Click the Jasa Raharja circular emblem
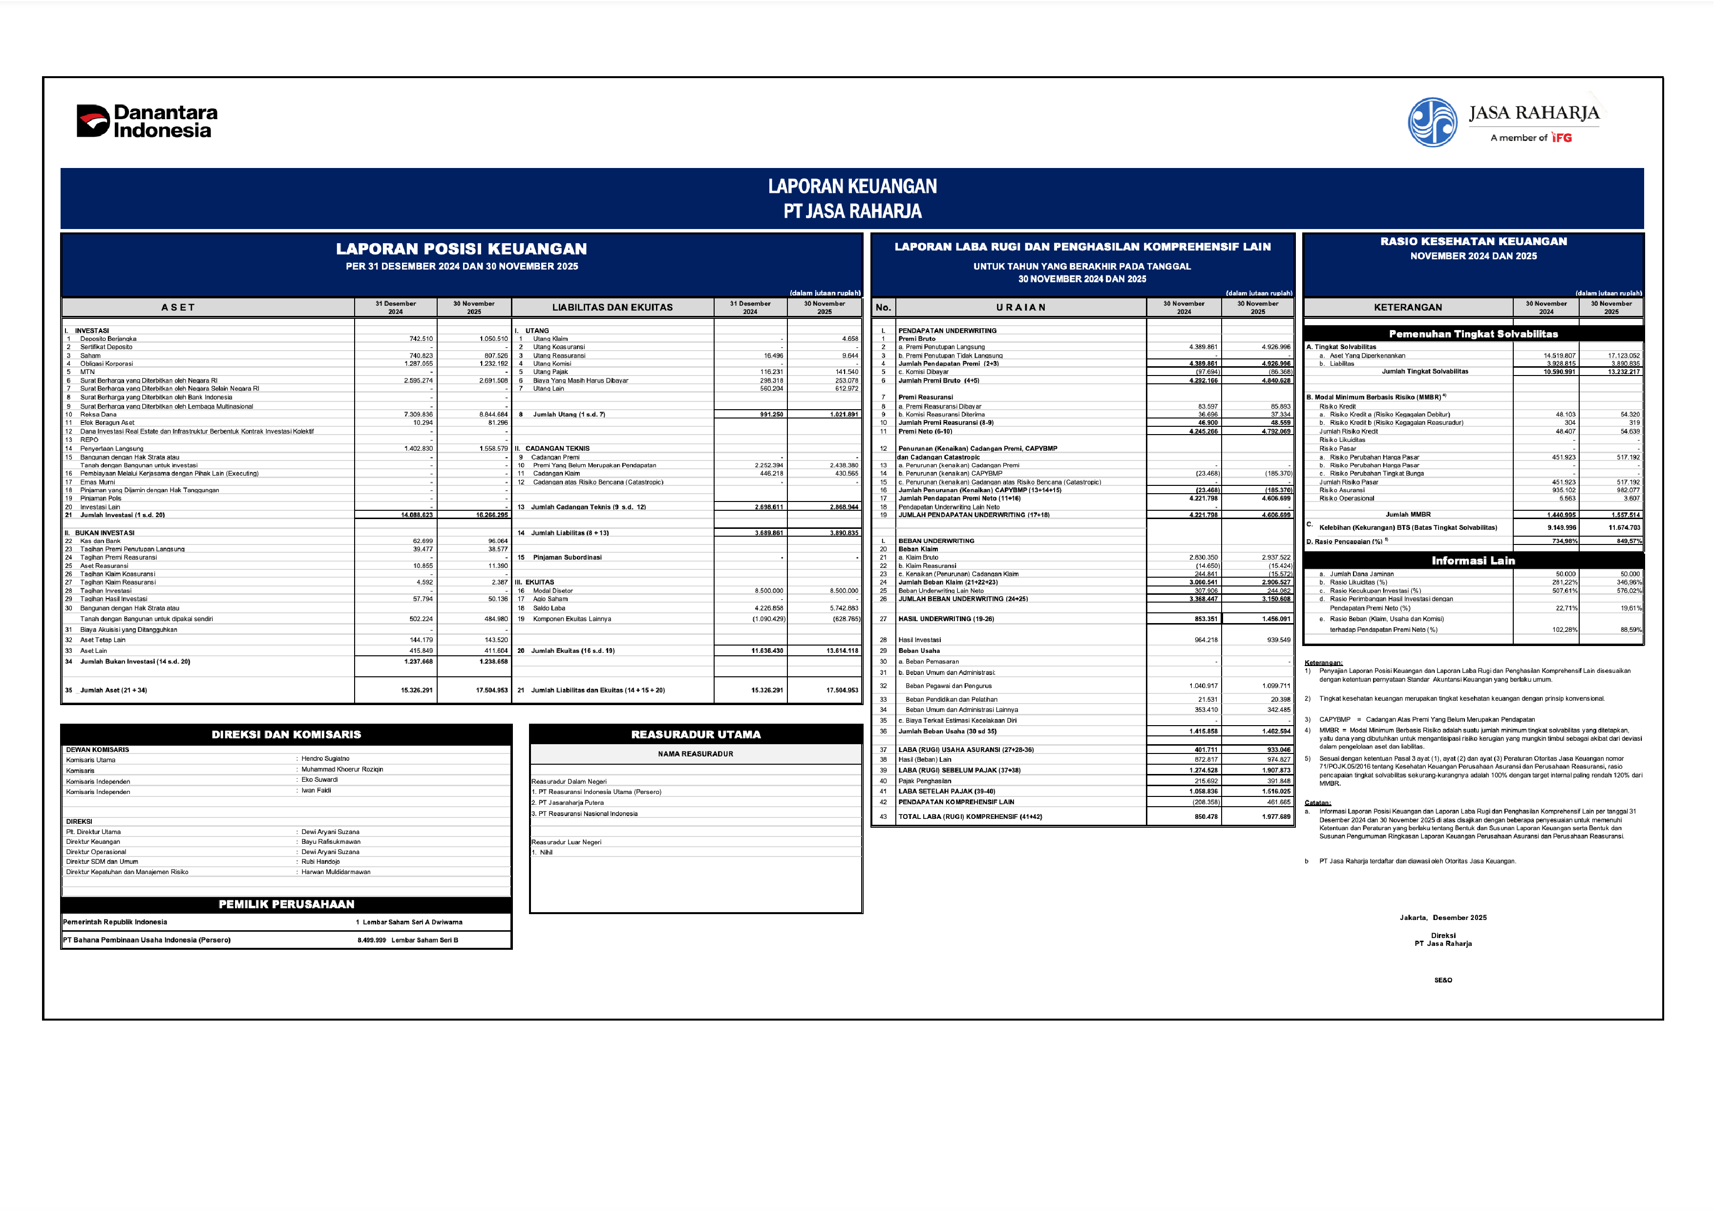(1432, 123)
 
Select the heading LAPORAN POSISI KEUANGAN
(461, 249)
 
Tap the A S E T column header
(178, 308)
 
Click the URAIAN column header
(1020, 308)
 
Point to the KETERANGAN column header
(1408, 308)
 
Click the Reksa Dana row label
(99, 414)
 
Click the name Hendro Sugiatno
(325, 759)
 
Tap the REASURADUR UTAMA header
(696, 735)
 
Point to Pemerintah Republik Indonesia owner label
(115, 922)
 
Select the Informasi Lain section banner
(1473, 561)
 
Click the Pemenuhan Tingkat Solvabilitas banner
(1473, 334)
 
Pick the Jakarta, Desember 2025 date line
(1443, 918)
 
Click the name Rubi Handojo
(320, 862)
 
